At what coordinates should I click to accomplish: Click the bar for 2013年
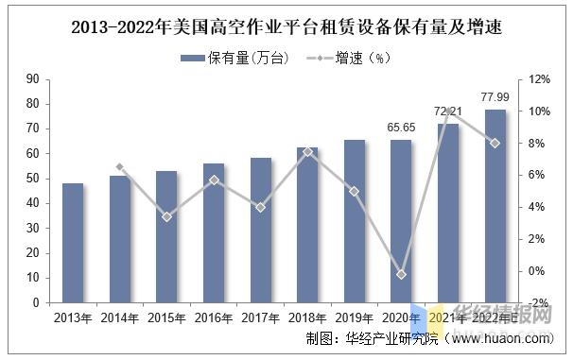click(73, 243)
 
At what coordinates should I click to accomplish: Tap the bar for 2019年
click(355, 221)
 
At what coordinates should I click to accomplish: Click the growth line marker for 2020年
click(402, 274)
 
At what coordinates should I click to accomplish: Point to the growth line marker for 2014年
click(120, 167)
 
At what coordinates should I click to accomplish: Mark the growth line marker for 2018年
click(308, 151)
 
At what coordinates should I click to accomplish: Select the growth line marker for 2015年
click(166, 217)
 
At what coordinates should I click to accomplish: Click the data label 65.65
click(402, 127)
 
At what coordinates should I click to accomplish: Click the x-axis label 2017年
click(260, 318)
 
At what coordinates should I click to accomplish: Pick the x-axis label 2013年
click(73, 318)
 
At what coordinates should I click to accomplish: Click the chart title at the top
click(286, 27)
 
